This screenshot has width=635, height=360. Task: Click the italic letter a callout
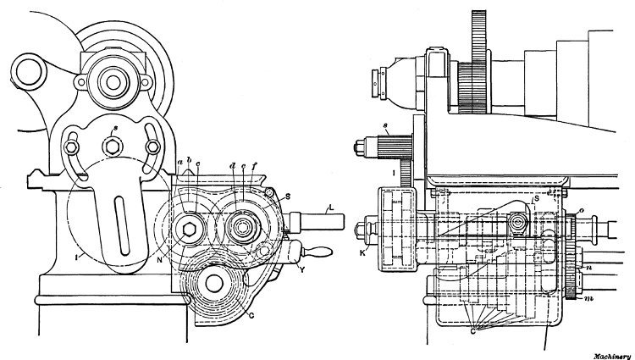pyautogui.click(x=179, y=162)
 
